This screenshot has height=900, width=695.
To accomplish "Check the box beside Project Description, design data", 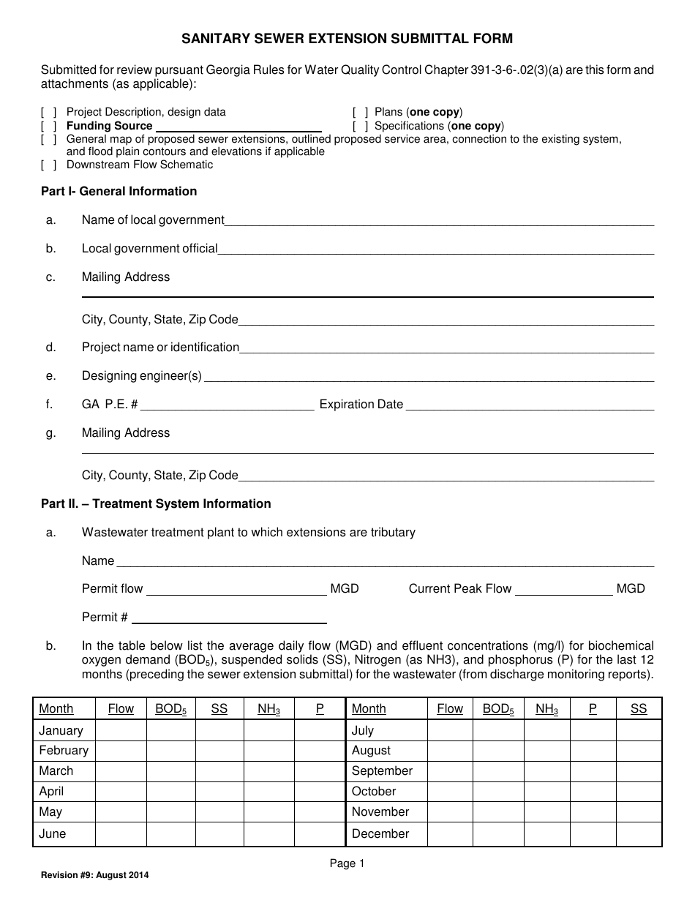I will pyautogui.click(x=49, y=113).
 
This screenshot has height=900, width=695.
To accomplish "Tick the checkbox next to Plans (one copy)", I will pyautogui.click(x=360, y=113).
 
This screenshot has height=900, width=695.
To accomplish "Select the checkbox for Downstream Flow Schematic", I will pyautogui.click(x=49, y=165).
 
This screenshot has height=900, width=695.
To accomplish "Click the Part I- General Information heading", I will pyautogui.click(x=119, y=192).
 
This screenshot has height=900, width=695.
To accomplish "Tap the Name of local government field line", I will pyautogui.click(x=439, y=222).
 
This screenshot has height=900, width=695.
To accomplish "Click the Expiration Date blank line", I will pyautogui.click(x=529, y=405).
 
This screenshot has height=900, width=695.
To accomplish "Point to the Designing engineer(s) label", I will pyautogui.click(x=141, y=376).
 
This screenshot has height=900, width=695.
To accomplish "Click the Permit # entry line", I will pyautogui.click(x=228, y=618).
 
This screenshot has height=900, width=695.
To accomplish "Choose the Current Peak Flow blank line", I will pyautogui.click(x=564, y=590).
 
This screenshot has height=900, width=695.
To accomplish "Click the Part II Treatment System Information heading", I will pyautogui.click(x=156, y=504).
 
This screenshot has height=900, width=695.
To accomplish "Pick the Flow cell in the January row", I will pyautogui.click(x=121, y=730).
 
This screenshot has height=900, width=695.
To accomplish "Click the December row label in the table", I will pyautogui.click(x=380, y=833).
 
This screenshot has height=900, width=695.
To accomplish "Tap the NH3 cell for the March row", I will pyautogui.click(x=268, y=771).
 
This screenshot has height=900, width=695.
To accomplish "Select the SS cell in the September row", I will pyautogui.click(x=638, y=771).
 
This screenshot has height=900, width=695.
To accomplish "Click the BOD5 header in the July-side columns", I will pyautogui.click(x=498, y=709).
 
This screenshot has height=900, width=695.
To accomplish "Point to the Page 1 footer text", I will pyautogui.click(x=347, y=864).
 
